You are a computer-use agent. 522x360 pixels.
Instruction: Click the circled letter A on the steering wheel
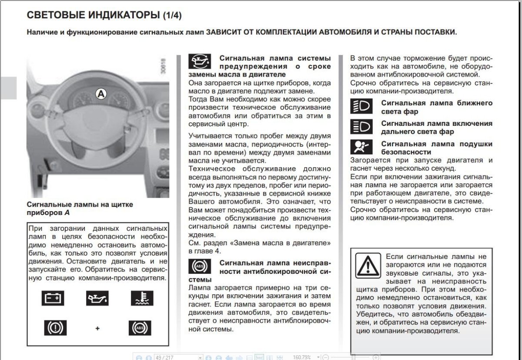[101, 93]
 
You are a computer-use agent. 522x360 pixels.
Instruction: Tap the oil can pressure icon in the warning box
[97, 299]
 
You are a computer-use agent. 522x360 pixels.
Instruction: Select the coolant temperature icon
[142, 299]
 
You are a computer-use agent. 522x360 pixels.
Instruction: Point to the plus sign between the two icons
[97, 328]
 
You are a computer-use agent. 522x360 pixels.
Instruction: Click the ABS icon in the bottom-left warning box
[140, 327]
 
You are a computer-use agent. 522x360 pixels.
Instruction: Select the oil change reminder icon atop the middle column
[199, 62]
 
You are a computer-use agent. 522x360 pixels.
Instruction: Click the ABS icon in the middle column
[199, 266]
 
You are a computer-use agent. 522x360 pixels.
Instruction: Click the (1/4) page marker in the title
[172, 16]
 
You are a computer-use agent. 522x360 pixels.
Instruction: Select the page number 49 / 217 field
[170, 357]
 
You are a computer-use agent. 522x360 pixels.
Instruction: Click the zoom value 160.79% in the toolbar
[302, 357]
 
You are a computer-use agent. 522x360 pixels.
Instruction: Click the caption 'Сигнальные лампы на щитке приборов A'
[80, 208]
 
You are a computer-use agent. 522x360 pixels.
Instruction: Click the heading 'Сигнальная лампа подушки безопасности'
[437, 148]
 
